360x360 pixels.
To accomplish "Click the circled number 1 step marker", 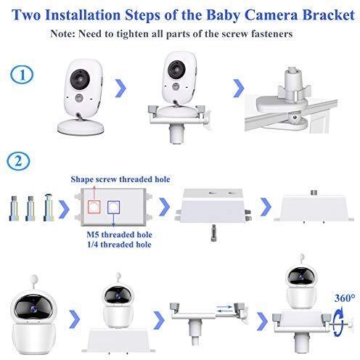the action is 22,75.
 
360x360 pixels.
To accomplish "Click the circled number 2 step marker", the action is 18,161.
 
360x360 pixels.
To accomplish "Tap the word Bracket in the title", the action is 329,15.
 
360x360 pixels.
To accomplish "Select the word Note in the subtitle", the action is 62,33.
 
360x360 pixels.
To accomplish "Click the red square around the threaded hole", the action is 94,207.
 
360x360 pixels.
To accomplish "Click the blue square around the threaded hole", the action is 113,208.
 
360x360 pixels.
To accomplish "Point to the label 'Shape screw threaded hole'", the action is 120,179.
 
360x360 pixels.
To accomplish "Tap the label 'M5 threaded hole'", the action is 119,234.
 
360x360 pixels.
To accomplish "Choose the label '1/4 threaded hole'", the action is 119,245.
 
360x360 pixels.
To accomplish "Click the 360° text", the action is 345,298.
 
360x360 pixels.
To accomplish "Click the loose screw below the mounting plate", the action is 213,233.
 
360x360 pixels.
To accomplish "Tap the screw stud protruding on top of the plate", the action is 314,193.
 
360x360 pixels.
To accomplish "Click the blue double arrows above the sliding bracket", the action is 224,309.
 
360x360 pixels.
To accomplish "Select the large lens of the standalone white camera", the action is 80,79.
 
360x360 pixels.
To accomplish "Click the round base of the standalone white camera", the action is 81,127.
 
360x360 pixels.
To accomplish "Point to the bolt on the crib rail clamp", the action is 295,118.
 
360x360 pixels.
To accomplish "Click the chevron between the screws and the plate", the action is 64,208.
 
